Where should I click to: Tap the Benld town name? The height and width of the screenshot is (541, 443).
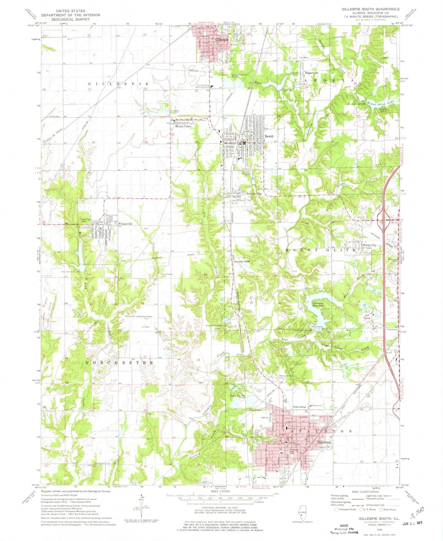coord(269,136)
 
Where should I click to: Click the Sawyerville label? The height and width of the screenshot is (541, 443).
coord(254,194)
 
